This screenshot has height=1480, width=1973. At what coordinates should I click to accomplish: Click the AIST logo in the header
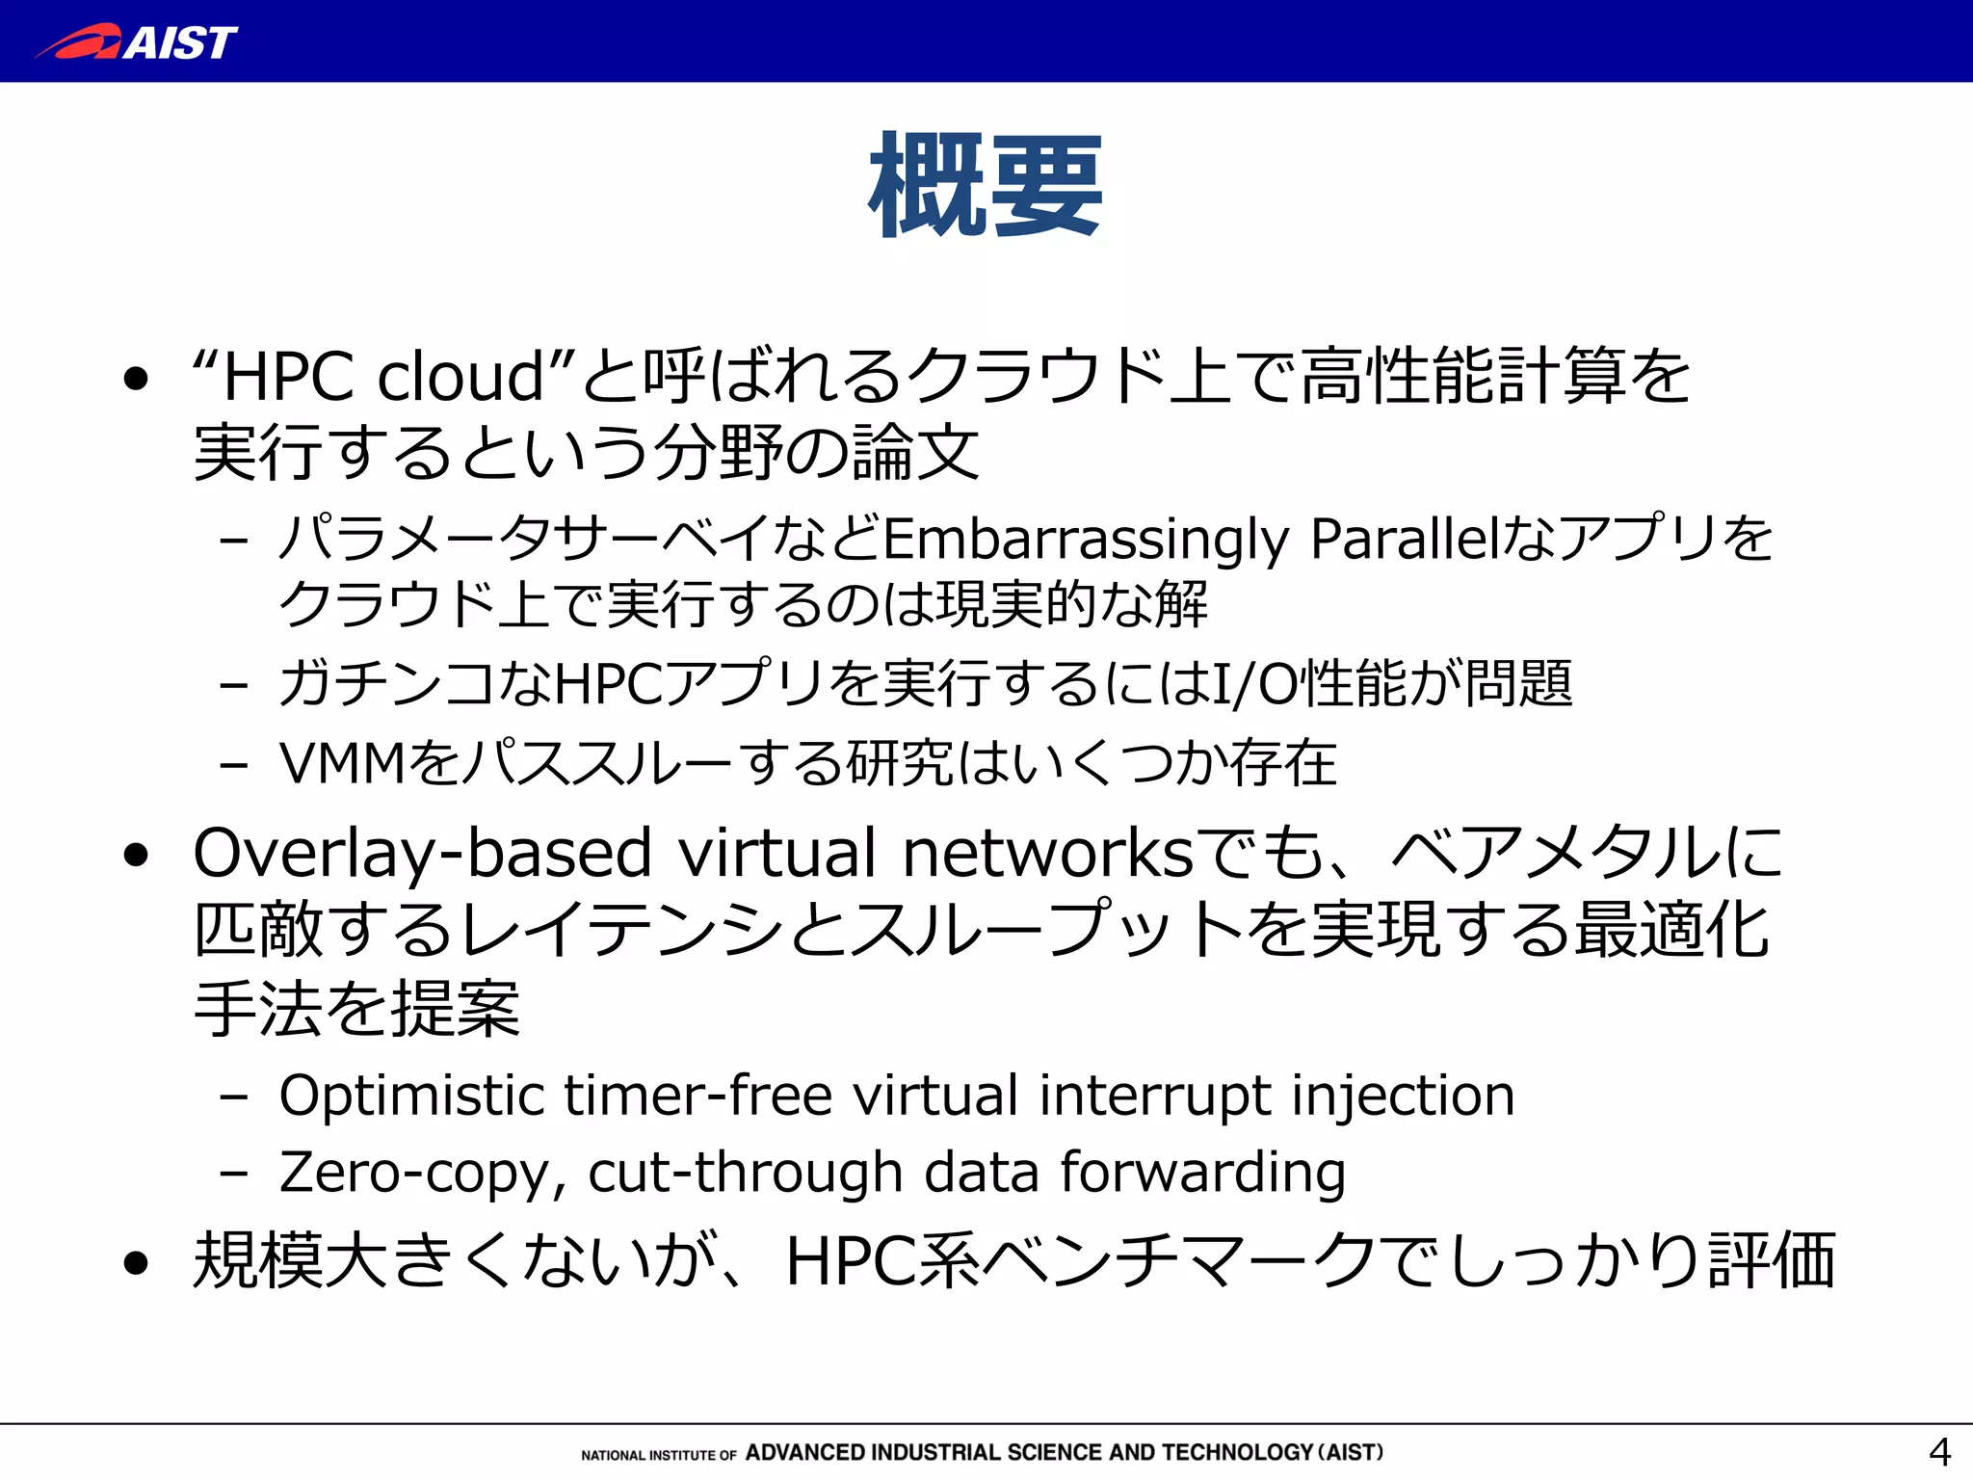[x=137, y=42]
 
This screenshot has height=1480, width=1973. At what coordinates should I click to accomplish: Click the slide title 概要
[x=985, y=185]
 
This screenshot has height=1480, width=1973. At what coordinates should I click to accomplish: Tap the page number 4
[x=1938, y=1451]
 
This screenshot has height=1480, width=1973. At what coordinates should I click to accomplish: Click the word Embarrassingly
[x=1086, y=540]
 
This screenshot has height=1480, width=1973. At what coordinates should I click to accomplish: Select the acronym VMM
[x=342, y=764]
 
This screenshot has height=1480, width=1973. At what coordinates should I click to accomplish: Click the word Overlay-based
[x=423, y=855]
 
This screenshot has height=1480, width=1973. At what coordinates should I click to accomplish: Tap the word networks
[x=1047, y=854]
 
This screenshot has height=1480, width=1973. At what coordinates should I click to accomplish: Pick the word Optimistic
[x=412, y=1097]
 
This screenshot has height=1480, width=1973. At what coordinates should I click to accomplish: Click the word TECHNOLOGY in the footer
[x=1237, y=1452]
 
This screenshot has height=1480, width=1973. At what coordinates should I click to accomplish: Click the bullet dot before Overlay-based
[x=137, y=855]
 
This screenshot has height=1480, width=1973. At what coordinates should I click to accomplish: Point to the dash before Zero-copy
[x=233, y=1174]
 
